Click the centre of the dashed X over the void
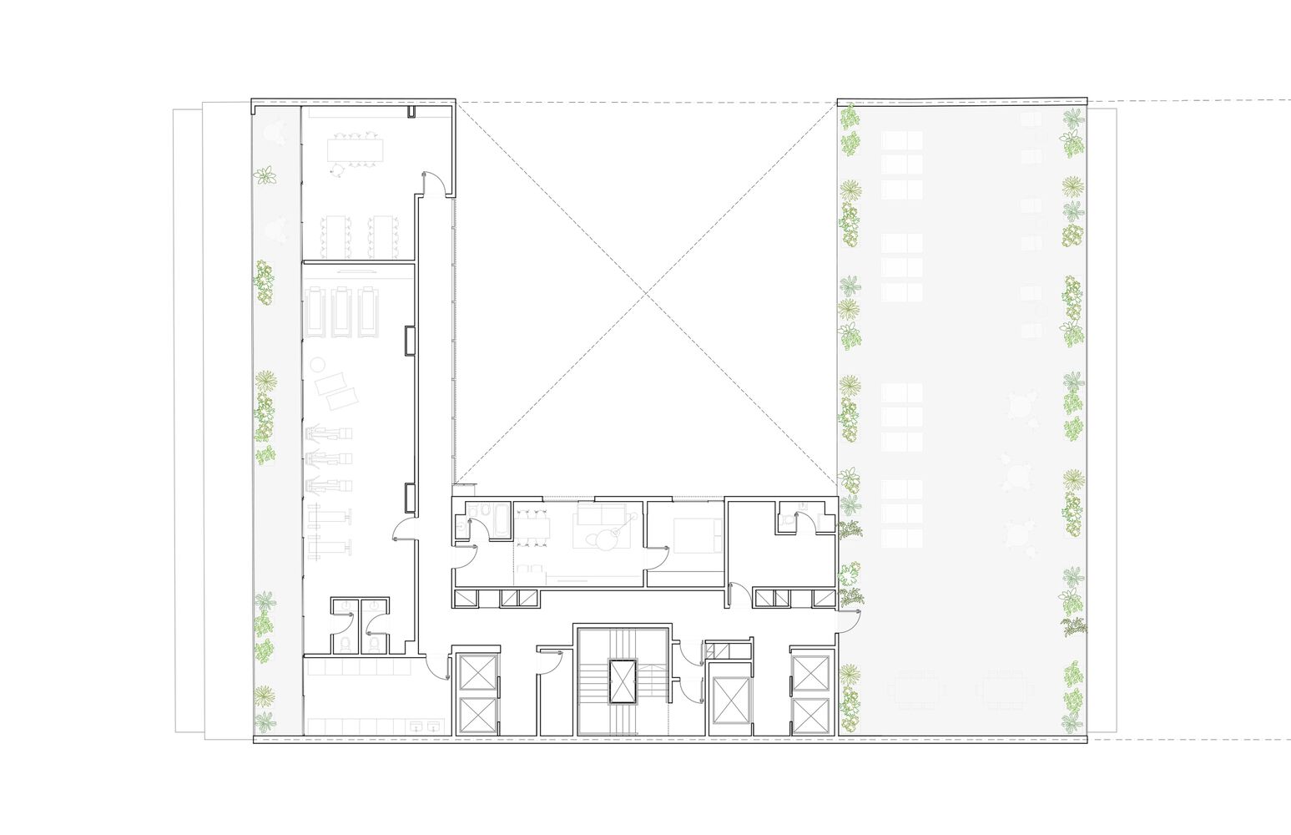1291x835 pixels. click(x=647, y=292)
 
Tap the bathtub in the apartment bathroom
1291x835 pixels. click(x=501, y=521)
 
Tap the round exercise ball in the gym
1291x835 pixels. click(x=318, y=365)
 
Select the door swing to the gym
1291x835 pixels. click(x=404, y=531)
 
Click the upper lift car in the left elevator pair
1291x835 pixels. click(x=477, y=673)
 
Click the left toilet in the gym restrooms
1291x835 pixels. click(x=345, y=643)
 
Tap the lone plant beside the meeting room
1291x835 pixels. click(x=266, y=175)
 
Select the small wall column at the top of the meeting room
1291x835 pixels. click(x=412, y=112)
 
